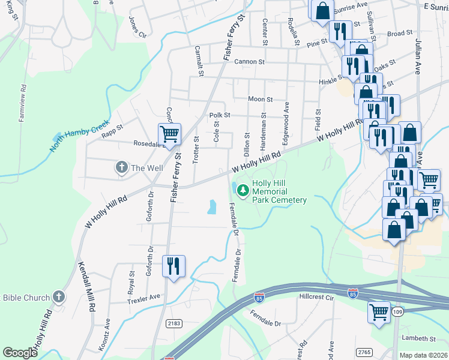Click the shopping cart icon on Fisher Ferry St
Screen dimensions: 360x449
tap(170, 134)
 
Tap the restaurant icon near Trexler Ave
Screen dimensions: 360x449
tap(173, 266)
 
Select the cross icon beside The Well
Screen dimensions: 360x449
tap(121, 168)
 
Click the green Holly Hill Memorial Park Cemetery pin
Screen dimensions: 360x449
tap(243, 191)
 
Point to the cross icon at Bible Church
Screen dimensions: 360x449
tap(59, 297)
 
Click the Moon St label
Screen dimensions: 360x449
tap(260, 100)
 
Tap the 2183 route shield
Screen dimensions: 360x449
tap(173, 323)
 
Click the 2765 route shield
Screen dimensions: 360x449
tap(363, 351)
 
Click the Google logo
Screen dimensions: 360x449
tap(20, 353)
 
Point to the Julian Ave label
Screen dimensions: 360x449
tap(418, 57)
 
